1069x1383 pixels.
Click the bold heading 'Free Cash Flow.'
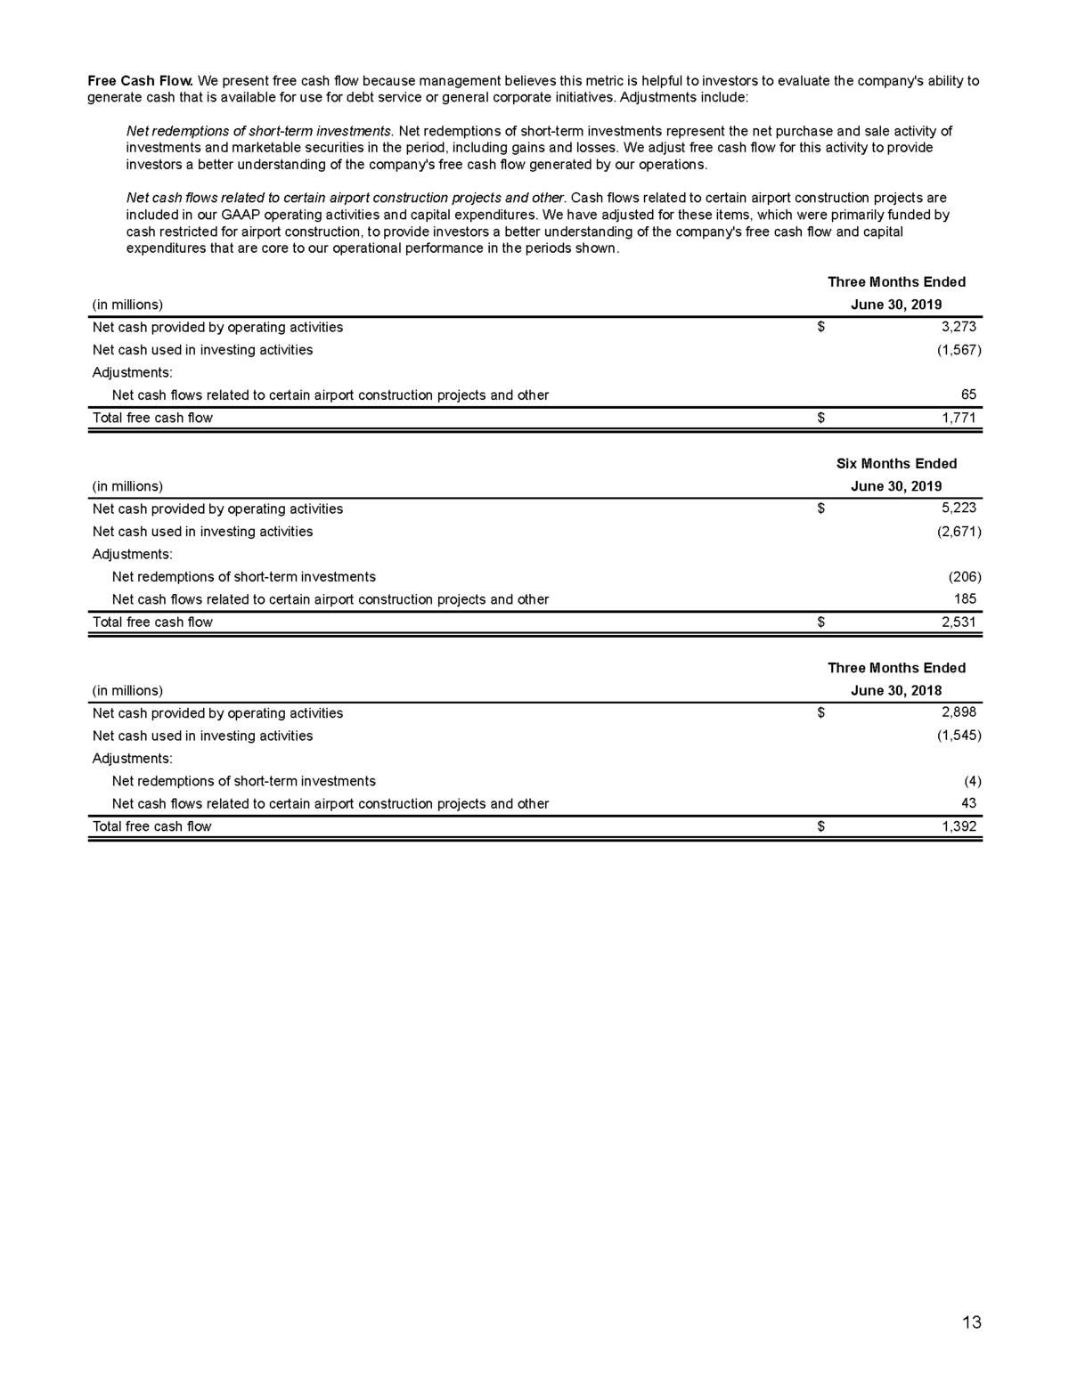tap(140, 81)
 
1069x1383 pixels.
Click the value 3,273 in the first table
tap(959, 327)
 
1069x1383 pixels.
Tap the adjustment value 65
tap(968, 395)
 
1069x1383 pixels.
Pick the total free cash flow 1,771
tap(959, 418)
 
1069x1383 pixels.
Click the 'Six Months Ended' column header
tap(896, 463)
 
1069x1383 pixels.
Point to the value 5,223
tap(959, 508)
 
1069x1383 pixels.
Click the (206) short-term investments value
tap(965, 576)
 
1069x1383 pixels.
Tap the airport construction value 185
tap(965, 599)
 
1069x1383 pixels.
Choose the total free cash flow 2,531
tap(959, 622)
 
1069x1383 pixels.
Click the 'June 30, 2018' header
tap(896, 690)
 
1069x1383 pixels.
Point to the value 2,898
tap(959, 712)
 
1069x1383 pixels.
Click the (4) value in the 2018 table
tap(972, 781)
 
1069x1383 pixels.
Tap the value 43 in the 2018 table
tap(968, 803)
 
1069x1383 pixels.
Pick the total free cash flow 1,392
tap(959, 826)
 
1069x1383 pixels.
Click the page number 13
tap(972, 1322)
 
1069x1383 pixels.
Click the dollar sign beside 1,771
tap(821, 418)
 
